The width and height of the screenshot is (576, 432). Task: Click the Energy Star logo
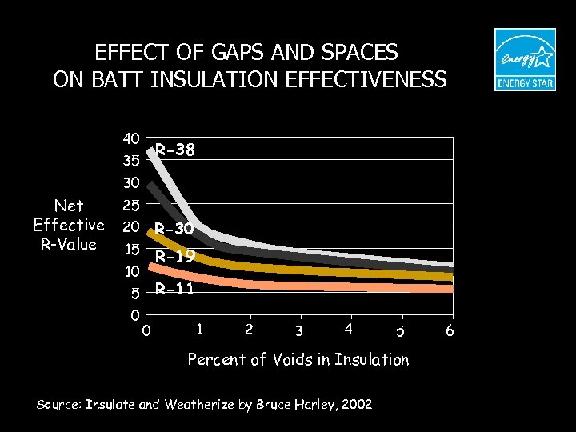click(x=524, y=60)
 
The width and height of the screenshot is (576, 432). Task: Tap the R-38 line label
click(x=175, y=149)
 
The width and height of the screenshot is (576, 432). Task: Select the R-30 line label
click(x=175, y=229)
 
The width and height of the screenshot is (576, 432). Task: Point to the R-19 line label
click(x=175, y=257)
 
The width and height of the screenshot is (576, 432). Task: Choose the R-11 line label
click(x=175, y=289)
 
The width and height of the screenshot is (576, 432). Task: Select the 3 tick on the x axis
click(x=298, y=331)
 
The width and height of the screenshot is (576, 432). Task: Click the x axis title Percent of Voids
click(x=298, y=360)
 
